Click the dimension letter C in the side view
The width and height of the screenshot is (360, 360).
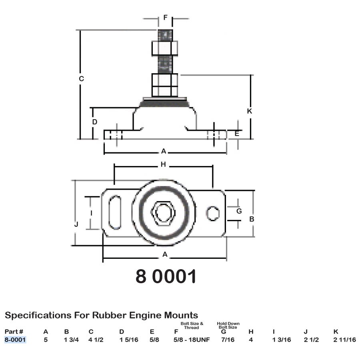[x=81, y=79]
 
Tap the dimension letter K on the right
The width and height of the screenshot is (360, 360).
[x=250, y=111]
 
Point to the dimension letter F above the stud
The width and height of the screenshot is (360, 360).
[x=165, y=18]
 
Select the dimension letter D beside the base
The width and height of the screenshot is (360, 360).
[x=95, y=122]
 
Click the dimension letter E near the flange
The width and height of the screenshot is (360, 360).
[x=237, y=134]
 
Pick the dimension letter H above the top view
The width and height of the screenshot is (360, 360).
[x=163, y=164]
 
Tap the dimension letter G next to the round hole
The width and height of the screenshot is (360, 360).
[x=239, y=211]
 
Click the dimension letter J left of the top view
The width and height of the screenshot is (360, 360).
[x=76, y=224]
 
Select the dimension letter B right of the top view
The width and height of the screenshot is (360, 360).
[x=252, y=219]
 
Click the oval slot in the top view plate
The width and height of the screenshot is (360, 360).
[x=116, y=212]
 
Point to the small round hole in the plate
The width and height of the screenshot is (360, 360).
[x=213, y=213]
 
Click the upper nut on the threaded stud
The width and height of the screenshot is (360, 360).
[x=165, y=48]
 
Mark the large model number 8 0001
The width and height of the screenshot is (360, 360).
[x=166, y=276]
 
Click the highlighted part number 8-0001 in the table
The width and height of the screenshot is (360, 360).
[x=15, y=340]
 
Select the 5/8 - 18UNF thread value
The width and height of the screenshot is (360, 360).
[x=192, y=340]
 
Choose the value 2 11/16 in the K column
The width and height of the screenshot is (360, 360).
[x=344, y=340]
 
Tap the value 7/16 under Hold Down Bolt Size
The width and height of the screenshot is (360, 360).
[x=228, y=340]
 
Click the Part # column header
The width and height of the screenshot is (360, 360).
[x=14, y=331]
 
